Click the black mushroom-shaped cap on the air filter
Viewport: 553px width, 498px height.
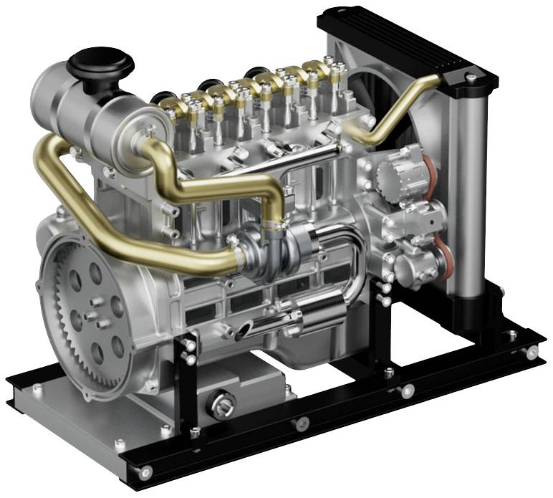[100, 63]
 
